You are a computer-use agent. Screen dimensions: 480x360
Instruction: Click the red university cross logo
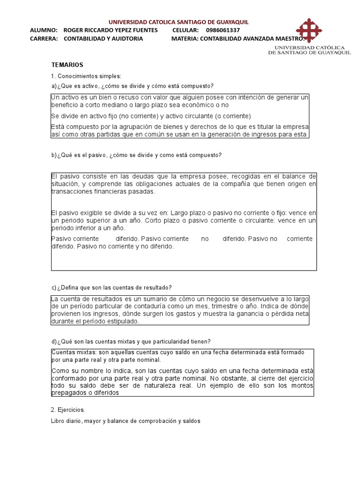pos(309,30)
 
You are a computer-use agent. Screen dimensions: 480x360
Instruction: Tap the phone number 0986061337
pos(223,30)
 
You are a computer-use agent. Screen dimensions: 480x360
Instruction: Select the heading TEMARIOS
pos(67,65)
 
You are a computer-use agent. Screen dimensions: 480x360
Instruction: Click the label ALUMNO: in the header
pos(44,30)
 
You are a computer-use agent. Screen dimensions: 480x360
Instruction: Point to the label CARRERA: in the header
pos(44,39)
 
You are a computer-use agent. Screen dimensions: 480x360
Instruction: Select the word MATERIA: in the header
pos(185,39)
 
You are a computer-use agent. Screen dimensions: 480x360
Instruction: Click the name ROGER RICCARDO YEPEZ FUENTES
pos(111,30)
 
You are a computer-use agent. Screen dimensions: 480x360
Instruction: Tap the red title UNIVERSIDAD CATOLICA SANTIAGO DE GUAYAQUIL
pos(179,22)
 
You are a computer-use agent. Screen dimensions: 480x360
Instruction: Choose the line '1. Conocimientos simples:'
pos(86,76)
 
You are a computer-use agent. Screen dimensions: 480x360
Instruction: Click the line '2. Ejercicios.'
pos(68,410)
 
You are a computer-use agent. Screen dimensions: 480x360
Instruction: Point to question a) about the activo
pos(132,86)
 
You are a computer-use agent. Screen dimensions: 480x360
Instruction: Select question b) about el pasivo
pos(136,155)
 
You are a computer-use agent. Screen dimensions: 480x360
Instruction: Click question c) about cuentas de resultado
pos(112,287)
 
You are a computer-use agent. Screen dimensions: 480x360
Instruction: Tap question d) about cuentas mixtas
pos(131,341)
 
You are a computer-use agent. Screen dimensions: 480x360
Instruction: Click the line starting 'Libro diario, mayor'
pos(126,421)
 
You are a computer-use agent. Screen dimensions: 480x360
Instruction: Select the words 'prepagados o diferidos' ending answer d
pos(85,393)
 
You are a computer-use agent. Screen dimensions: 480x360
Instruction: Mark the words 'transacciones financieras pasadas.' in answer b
pos(103,191)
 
